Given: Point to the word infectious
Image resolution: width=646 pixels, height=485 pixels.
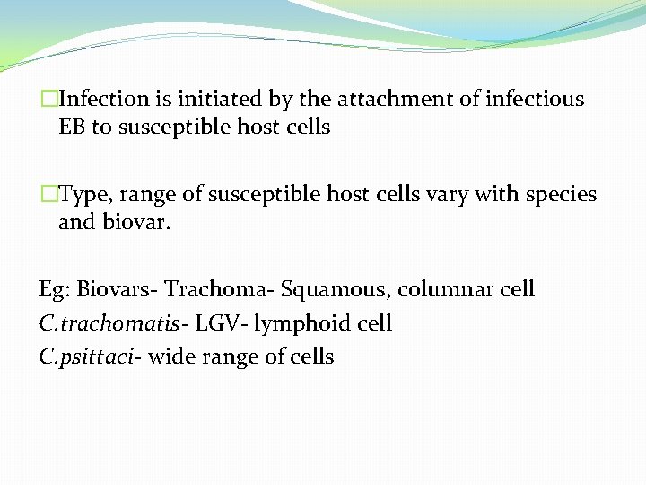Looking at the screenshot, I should point(534,99).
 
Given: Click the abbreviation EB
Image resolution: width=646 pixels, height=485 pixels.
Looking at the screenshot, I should point(72,128).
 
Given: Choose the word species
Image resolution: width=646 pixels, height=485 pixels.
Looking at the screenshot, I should point(556,195).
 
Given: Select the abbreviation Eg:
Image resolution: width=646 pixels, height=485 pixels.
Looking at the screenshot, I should point(55,290).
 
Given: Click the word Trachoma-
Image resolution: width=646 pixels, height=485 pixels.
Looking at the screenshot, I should point(220,289).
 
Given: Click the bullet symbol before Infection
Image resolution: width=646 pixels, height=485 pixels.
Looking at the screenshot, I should point(48,99).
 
